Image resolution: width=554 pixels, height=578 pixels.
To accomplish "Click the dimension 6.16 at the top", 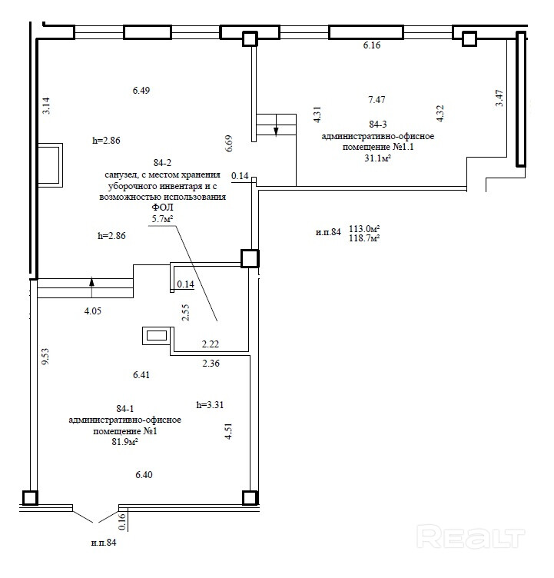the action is point(372,46).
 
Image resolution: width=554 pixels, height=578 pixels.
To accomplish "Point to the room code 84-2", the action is point(163,163).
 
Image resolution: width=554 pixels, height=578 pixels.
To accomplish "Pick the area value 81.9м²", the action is point(124,442).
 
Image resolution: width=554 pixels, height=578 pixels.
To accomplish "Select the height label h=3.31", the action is point(210,404).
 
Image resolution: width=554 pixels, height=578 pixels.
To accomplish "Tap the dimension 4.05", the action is point(92,311).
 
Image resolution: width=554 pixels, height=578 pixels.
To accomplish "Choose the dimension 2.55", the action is point(185,312).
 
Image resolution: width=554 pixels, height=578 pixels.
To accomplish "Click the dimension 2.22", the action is point(211,344).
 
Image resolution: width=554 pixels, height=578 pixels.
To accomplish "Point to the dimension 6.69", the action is point(228,144).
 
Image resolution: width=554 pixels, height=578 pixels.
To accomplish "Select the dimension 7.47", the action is point(377,99).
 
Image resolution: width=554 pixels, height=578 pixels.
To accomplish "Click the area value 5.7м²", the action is point(163,219).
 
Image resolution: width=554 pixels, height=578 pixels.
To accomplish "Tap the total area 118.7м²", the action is point(365,238).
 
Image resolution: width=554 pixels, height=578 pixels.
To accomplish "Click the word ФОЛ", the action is point(162,208).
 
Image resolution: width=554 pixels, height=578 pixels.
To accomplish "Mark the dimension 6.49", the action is point(141,90).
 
